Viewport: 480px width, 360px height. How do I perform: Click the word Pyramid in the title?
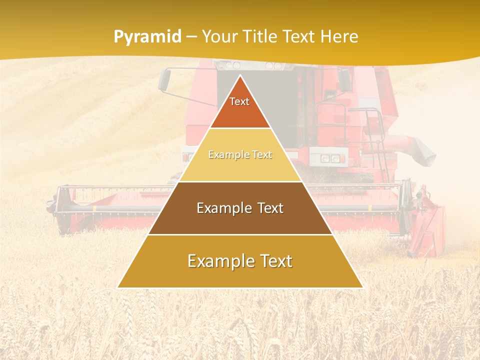click(x=147, y=36)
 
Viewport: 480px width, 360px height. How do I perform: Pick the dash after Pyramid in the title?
click(x=191, y=37)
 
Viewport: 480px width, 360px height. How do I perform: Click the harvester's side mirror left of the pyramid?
click(x=164, y=79)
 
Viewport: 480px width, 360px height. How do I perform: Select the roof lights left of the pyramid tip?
click(x=230, y=65)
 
